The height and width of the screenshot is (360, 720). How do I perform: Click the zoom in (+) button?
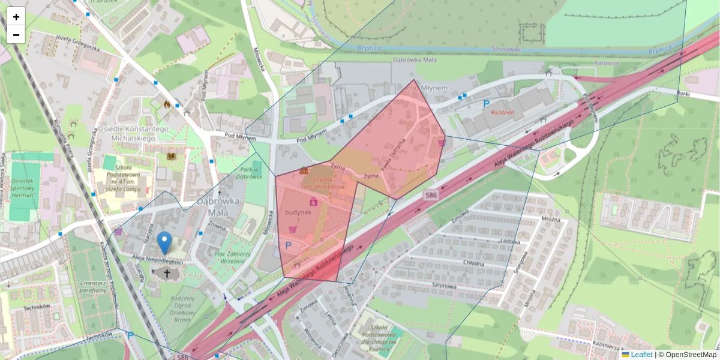[16, 17]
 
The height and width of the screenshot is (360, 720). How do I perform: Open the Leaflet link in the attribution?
[641, 355]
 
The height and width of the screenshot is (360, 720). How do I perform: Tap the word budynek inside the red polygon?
[298, 212]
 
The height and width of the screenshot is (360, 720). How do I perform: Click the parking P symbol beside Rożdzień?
[487, 104]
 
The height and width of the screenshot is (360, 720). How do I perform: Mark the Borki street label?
[683, 94]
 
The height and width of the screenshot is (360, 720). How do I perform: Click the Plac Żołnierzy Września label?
[232, 257]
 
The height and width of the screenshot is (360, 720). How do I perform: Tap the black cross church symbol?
[166, 274]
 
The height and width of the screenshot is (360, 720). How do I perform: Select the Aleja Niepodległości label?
[157, 262]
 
